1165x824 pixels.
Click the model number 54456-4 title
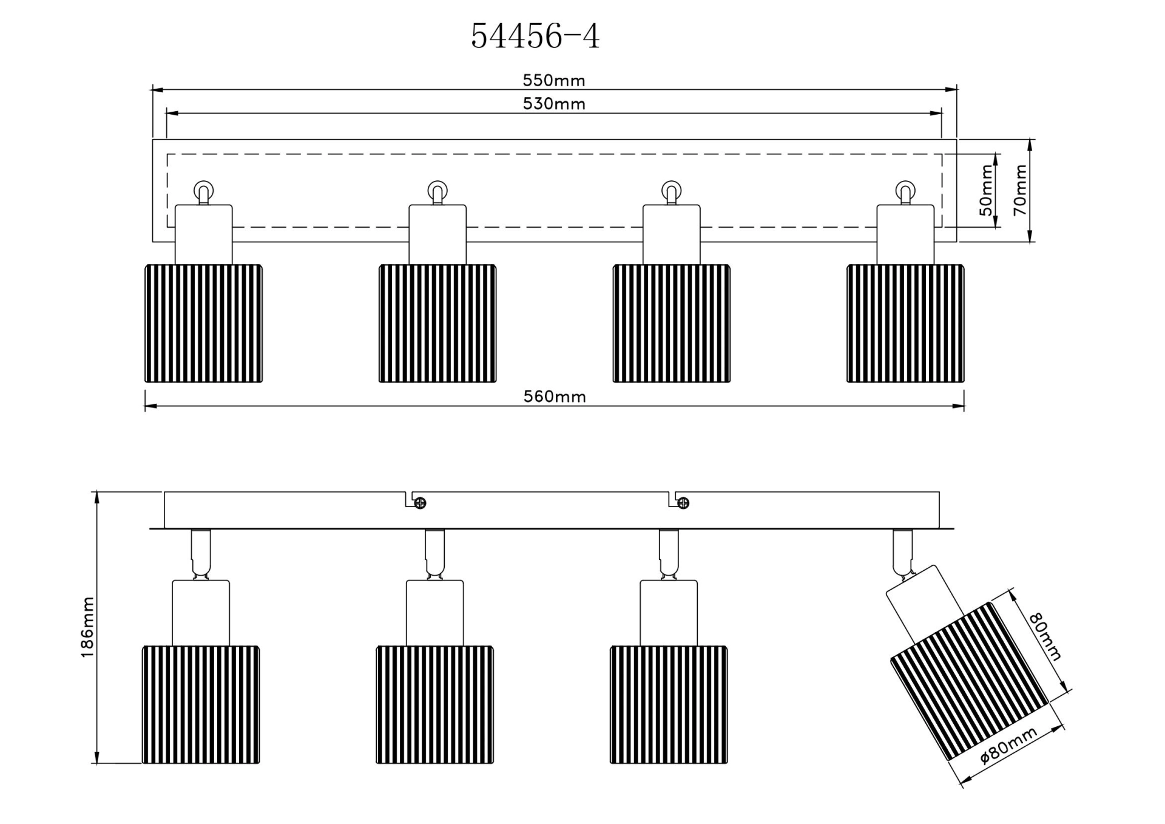pyautogui.click(x=535, y=36)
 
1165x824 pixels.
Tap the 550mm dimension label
pyautogui.click(x=553, y=80)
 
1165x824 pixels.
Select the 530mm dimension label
pyautogui.click(x=553, y=104)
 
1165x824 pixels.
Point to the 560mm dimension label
pyautogui.click(x=554, y=397)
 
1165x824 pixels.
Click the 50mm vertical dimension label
pyautogui.click(x=987, y=190)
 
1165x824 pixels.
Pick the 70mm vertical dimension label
pyautogui.click(x=1021, y=190)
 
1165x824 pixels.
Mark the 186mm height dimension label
pyautogui.click(x=87, y=627)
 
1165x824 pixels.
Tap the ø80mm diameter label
pyautogui.click(x=1008, y=745)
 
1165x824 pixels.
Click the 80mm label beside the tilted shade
pyautogui.click(x=1045, y=636)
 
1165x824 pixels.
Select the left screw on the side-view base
pyautogui.click(x=420, y=503)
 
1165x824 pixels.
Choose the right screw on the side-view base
pyautogui.click(x=683, y=503)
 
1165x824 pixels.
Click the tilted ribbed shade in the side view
pyautogui.click(x=968, y=680)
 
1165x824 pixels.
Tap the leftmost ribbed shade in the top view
pyautogui.click(x=203, y=323)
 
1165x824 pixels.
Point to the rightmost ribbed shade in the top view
pyautogui.click(x=905, y=323)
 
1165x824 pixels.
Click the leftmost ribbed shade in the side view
pyautogui.click(x=201, y=704)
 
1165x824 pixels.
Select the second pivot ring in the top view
pyautogui.click(x=437, y=191)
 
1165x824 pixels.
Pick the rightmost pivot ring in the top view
pyautogui.click(x=905, y=191)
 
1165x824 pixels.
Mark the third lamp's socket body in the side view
pyautogui.click(x=668, y=612)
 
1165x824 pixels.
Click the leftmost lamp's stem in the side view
pyautogui.click(x=200, y=553)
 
